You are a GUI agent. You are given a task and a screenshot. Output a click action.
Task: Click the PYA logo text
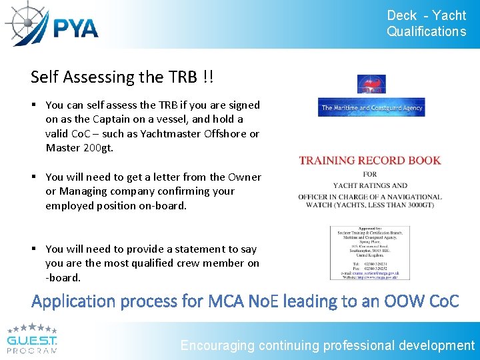coord(75,28)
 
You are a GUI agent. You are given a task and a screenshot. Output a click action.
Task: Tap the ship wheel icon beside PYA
coord(25,23)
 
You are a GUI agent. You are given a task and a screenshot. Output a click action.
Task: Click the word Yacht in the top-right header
coord(449,15)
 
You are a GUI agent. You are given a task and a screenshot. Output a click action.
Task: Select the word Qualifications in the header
coord(426,31)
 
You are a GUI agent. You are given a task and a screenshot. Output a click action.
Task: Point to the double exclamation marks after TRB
coord(209,77)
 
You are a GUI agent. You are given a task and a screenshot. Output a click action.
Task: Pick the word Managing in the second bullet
coord(85,191)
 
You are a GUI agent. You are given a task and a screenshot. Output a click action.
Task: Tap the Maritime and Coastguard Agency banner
coord(371,107)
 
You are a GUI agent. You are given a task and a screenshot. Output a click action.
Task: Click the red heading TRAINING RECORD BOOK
coord(370,160)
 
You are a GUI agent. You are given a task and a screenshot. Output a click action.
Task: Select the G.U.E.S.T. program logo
coord(32,339)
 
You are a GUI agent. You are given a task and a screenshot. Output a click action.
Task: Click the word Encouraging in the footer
coord(218,345)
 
